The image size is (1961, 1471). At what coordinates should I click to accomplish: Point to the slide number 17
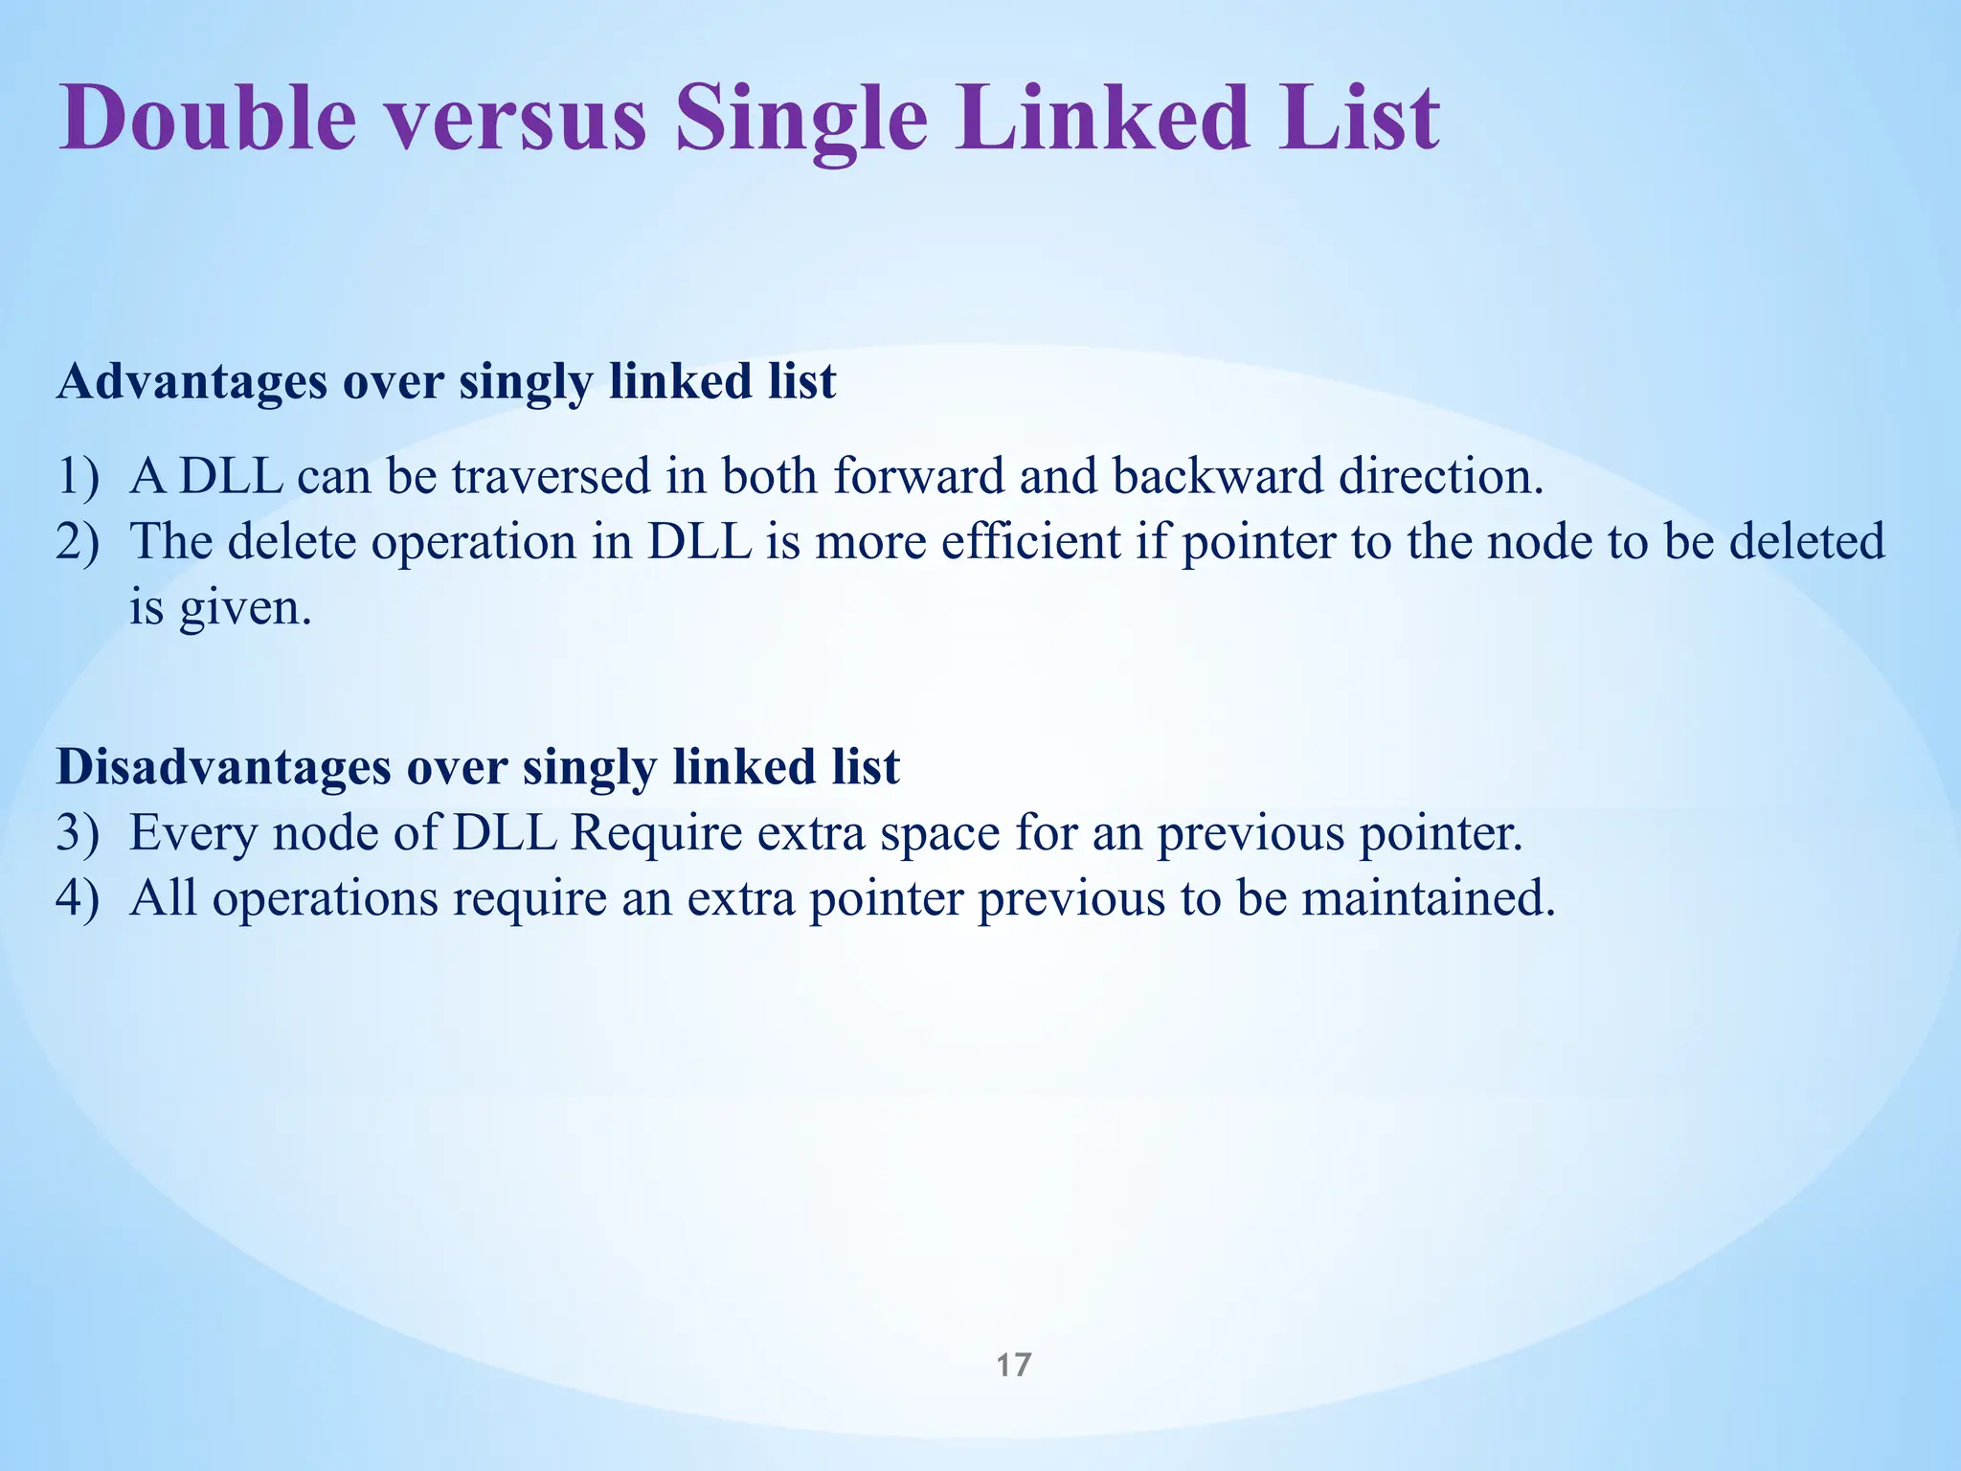(x=1013, y=1365)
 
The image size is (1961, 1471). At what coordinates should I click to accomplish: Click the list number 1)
(x=77, y=476)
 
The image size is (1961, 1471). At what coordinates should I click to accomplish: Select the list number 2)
(x=77, y=542)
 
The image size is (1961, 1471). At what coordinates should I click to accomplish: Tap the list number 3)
(x=77, y=832)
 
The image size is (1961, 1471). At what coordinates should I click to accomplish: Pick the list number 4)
(x=77, y=898)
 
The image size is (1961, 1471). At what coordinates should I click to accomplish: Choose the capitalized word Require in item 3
(x=656, y=832)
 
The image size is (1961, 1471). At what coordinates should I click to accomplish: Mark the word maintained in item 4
(x=1428, y=898)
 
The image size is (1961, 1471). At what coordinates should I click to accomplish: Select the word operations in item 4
(x=325, y=900)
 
